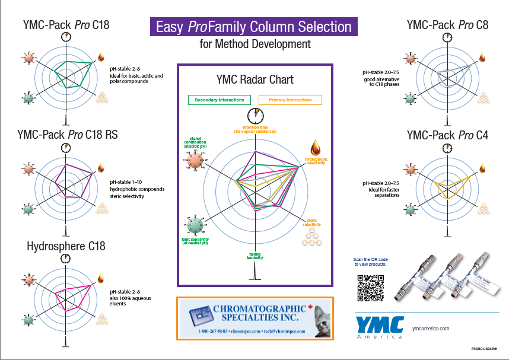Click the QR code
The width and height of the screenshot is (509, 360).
click(x=368, y=288)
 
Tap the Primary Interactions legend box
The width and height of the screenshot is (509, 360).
click(x=290, y=100)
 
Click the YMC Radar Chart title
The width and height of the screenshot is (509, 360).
click(x=254, y=79)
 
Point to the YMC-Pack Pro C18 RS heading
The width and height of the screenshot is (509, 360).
click(x=68, y=135)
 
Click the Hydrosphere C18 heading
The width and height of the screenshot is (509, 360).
click(x=66, y=246)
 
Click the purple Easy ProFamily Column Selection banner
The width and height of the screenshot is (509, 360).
click(x=253, y=27)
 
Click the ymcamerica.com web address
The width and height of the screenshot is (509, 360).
click(x=431, y=328)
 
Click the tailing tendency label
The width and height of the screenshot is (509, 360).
click(x=255, y=256)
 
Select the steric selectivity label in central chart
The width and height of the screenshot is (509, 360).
click(x=312, y=223)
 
